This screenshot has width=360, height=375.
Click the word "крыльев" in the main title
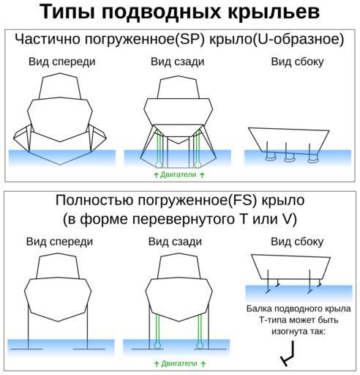click(274, 12)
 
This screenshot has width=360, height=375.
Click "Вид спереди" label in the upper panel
click(62, 62)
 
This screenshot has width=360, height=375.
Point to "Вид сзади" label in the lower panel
click(175, 242)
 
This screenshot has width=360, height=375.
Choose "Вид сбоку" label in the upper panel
click(297, 62)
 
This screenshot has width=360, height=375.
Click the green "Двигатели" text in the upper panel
click(179, 174)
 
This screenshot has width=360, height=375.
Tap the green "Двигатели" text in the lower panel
click(179, 363)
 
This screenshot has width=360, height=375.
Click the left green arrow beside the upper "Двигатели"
click(156, 175)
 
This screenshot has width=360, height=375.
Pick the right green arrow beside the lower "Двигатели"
click(203, 364)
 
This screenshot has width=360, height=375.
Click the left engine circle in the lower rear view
click(157, 346)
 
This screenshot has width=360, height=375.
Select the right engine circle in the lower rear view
click(200, 346)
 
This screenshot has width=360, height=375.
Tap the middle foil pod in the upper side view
click(289, 159)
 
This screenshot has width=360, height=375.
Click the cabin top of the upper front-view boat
click(60, 87)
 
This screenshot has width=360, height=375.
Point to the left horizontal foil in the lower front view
click(26, 349)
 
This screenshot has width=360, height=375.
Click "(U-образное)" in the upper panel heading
click(298, 39)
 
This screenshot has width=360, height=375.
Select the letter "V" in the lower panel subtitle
click(288, 219)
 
